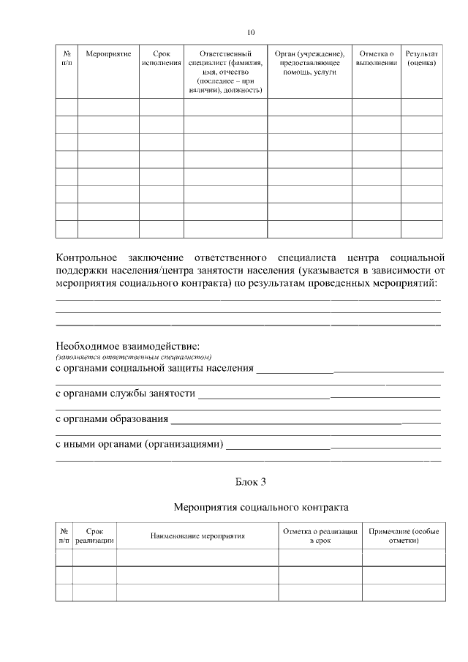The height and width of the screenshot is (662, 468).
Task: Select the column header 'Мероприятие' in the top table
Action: [x=108, y=54]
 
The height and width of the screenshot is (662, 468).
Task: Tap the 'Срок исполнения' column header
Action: [x=161, y=59]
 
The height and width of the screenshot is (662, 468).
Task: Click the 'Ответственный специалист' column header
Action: [x=225, y=72]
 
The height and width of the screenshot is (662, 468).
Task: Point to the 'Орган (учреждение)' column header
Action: [x=309, y=63]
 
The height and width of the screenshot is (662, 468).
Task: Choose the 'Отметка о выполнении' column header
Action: [x=377, y=59]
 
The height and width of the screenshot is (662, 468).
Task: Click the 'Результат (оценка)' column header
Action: [x=422, y=59]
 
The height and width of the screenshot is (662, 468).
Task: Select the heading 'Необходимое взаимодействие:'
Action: [x=127, y=345]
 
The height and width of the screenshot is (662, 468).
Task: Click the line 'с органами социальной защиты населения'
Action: [x=155, y=368]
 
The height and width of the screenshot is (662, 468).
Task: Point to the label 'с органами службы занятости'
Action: [x=126, y=394]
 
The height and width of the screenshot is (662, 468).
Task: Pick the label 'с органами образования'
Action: [x=113, y=420]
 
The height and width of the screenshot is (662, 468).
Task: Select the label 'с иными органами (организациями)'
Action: [x=140, y=445]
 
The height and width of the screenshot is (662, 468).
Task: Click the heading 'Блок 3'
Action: [x=251, y=481]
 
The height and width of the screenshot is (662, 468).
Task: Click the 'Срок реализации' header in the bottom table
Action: [x=94, y=536]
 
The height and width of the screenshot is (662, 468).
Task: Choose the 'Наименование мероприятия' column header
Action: [x=197, y=536]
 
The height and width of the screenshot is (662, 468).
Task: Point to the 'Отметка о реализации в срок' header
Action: [x=320, y=536]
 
